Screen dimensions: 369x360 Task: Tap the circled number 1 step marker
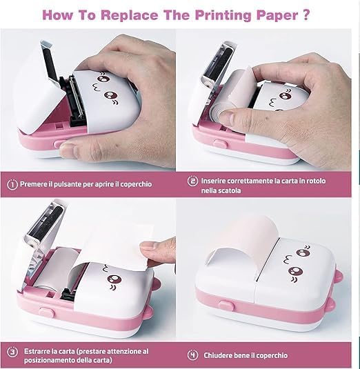tap(12, 185)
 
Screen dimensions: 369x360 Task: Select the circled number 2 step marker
tap(193, 181)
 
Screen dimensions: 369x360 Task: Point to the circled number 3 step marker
tap(12, 351)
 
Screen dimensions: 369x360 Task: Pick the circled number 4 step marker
tap(193, 355)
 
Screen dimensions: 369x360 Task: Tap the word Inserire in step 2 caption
tap(216, 181)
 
